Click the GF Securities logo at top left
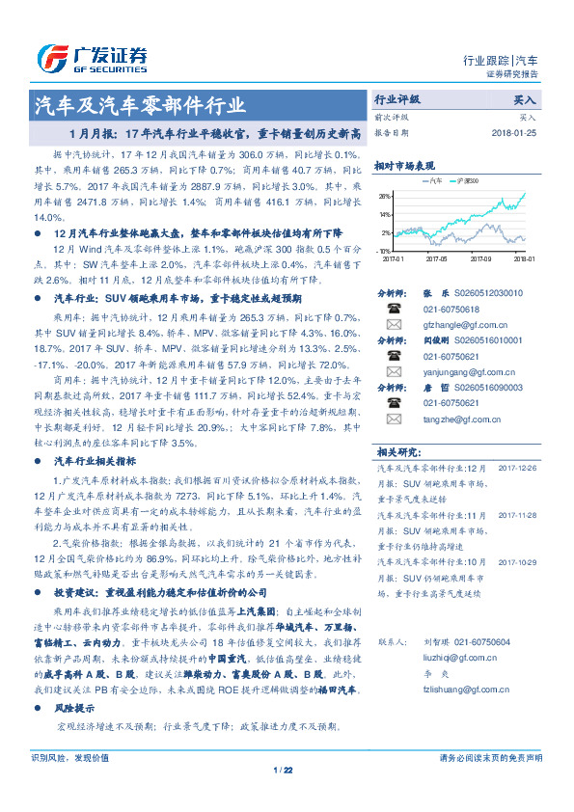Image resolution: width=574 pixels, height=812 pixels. tap(92, 58)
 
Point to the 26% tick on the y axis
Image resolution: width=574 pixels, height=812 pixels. tap(385, 196)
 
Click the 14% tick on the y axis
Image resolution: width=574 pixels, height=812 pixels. tap(385, 214)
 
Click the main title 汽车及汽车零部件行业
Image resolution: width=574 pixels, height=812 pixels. tap(140, 105)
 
